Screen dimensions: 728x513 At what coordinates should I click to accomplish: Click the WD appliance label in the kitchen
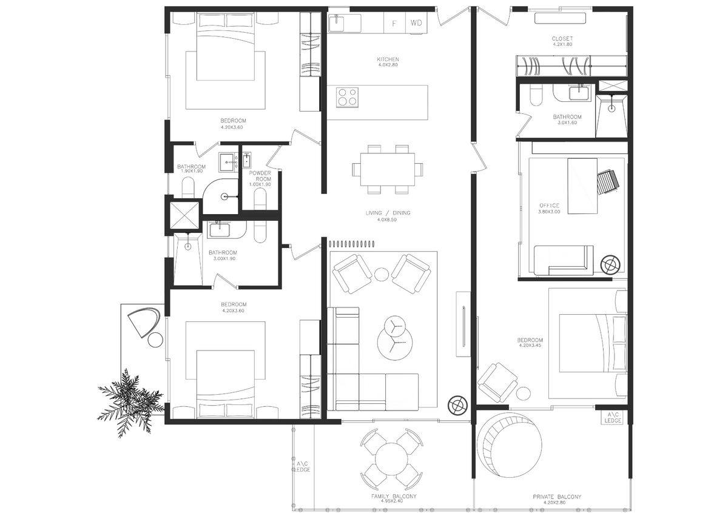point(416,22)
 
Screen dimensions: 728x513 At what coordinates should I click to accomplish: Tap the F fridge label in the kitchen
point(394,24)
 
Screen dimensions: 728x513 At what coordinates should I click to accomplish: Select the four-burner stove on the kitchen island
point(348,97)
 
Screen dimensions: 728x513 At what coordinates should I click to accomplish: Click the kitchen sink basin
point(337,24)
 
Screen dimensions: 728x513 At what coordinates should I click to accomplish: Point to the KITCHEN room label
point(388,59)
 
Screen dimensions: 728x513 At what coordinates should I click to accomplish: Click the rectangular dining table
point(388,169)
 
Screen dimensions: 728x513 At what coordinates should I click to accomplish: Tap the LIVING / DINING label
point(388,213)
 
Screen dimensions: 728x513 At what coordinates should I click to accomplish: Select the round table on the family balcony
point(391,459)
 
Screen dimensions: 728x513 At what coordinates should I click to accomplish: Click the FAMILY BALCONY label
point(394,496)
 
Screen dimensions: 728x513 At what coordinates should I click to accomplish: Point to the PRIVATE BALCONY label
point(557,497)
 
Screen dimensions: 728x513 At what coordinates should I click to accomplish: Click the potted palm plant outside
point(130,402)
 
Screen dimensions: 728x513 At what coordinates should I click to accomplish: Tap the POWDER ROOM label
point(260,176)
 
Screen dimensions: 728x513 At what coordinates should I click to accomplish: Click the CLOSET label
point(562,38)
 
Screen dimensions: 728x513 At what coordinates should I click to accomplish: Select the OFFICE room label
point(550,206)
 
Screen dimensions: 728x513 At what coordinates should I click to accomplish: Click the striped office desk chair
point(608,182)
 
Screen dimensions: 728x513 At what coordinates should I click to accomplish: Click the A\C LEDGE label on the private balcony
point(613,417)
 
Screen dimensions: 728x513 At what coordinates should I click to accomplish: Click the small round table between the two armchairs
point(382,275)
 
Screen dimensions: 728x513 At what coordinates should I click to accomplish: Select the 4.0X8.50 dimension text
point(387,220)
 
